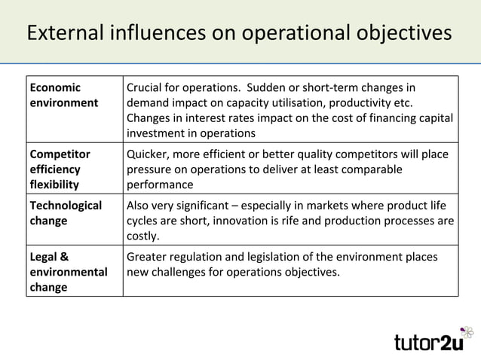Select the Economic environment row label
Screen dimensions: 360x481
[64, 95]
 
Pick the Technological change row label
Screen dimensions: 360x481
[66, 213]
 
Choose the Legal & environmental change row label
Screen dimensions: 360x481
[67, 271]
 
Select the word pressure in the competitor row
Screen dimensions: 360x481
[150, 169]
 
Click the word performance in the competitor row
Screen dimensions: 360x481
[160, 185]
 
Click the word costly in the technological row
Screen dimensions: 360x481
[142, 236]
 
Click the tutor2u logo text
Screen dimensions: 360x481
[425, 342]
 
